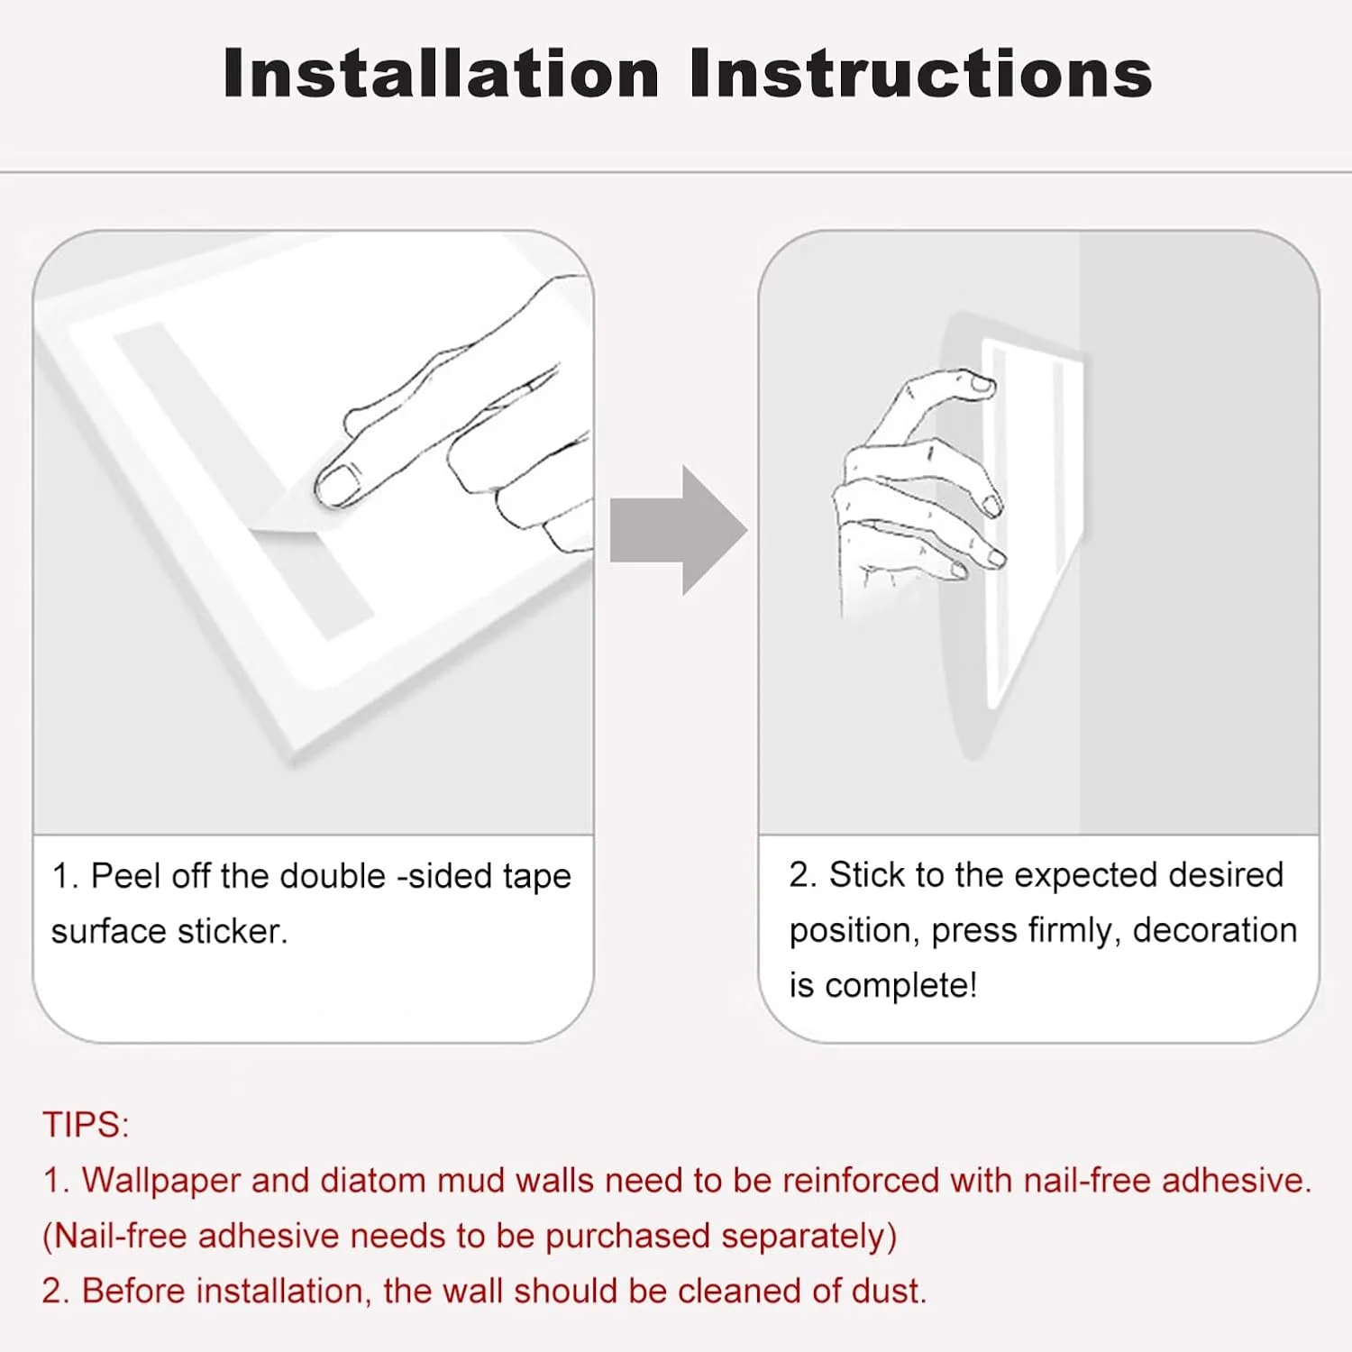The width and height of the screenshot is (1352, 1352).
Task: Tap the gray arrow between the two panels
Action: coord(679,530)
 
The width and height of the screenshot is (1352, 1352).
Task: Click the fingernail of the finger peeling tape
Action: coord(337,484)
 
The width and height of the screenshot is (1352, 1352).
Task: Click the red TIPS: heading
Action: coord(87,1125)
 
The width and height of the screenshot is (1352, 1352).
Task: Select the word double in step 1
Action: coord(333,876)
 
